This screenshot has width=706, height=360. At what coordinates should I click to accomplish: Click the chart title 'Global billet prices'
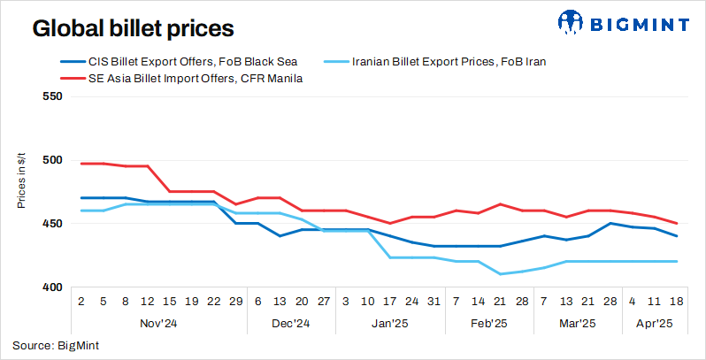(133, 28)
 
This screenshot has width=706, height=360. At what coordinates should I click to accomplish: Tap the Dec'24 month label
(290, 325)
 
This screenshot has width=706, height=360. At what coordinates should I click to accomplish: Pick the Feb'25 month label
(489, 325)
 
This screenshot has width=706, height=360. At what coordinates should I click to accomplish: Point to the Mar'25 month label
(579, 325)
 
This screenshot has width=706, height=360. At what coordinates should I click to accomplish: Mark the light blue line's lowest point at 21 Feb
(501, 274)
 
